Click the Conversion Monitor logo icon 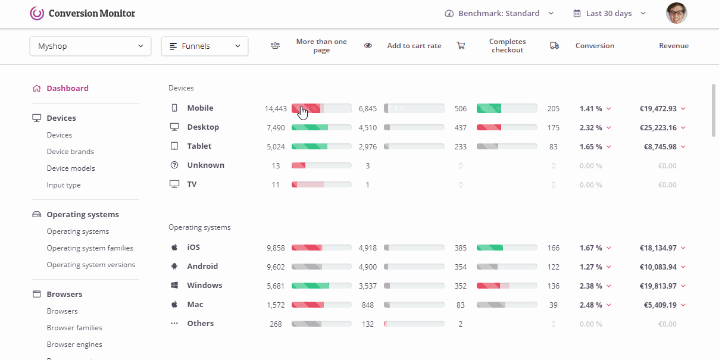(x=37, y=13)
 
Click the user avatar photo (x=676, y=13)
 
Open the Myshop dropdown (x=90, y=46)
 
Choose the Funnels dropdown (x=204, y=46)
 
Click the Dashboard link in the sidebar (x=67, y=88)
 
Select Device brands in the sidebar (x=70, y=152)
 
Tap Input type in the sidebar (x=64, y=185)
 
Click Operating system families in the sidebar (x=90, y=248)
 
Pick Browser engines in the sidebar (x=74, y=345)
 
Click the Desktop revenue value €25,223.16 (x=658, y=127)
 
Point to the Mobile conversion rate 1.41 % (x=590, y=108)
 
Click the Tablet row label (x=199, y=146)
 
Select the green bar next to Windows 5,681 (x=310, y=286)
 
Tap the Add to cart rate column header (x=414, y=46)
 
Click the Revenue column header (x=673, y=46)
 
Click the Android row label (x=202, y=267)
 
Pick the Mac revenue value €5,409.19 (x=660, y=305)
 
